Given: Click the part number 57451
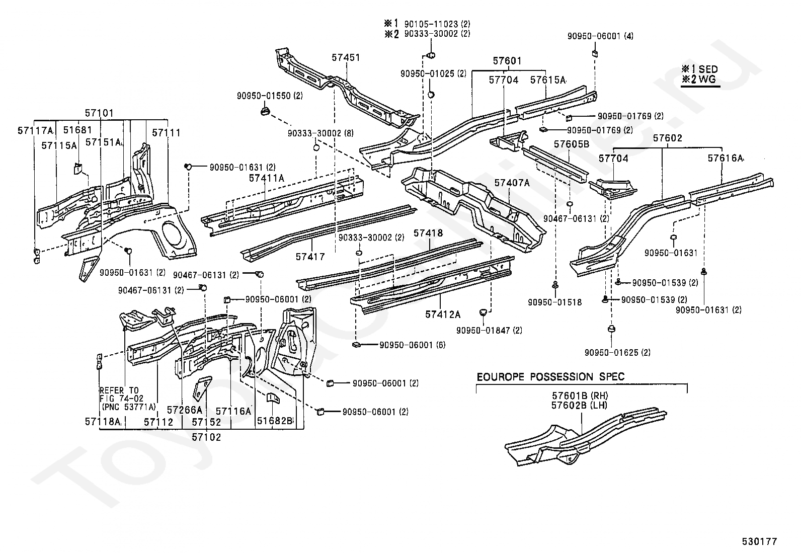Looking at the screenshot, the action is point(346,57).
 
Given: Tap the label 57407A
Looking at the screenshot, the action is point(512,183).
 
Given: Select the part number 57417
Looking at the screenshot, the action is point(310,257).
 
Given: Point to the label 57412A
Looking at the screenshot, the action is point(443,314).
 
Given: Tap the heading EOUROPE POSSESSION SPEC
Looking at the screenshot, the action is point(550,377).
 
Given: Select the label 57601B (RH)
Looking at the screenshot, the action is point(580,396).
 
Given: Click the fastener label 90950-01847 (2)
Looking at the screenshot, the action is point(489,330).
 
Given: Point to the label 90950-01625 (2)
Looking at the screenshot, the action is point(617,353).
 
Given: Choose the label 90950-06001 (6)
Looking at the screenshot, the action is point(412,345).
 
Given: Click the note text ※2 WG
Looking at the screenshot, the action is point(699,79).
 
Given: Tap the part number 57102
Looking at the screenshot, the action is point(206,437).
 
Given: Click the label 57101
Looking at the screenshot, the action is point(99,113).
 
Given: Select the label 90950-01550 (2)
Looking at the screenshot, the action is point(270,96).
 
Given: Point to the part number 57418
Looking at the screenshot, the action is point(428,233).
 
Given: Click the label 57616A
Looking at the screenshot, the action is point(726,158).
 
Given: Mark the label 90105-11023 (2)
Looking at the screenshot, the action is point(437,24).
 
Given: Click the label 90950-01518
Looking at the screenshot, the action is point(555,302).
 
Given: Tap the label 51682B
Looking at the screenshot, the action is point(275,421).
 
